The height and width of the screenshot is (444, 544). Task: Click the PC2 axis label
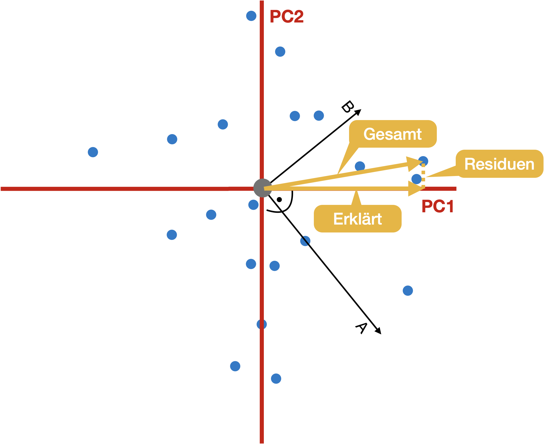click(287, 16)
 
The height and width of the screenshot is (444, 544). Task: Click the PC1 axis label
click(438, 206)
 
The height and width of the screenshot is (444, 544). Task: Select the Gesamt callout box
click(393, 134)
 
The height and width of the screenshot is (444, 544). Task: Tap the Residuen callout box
click(499, 164)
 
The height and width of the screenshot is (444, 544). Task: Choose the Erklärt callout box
click(357, 219)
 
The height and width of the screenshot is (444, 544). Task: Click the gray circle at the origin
click(263, 188)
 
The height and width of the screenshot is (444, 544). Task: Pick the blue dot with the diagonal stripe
click(305, 241)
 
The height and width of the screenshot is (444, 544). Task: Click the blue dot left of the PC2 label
click(251, 16)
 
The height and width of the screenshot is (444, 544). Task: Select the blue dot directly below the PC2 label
click(280, 52)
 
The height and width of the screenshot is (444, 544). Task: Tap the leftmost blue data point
click(93, 152)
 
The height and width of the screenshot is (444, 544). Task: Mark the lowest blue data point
click(276, 379)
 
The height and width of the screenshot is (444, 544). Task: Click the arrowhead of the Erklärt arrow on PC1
click(416, 189)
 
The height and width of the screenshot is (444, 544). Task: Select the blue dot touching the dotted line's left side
click(416, 179)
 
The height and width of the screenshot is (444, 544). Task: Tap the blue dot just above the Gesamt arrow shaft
click(360, 166)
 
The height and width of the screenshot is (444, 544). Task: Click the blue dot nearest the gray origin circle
click(253, 205)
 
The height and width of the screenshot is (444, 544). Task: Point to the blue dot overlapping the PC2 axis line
click(262, 324)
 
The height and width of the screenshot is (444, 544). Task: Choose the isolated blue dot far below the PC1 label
click(408, 291)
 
